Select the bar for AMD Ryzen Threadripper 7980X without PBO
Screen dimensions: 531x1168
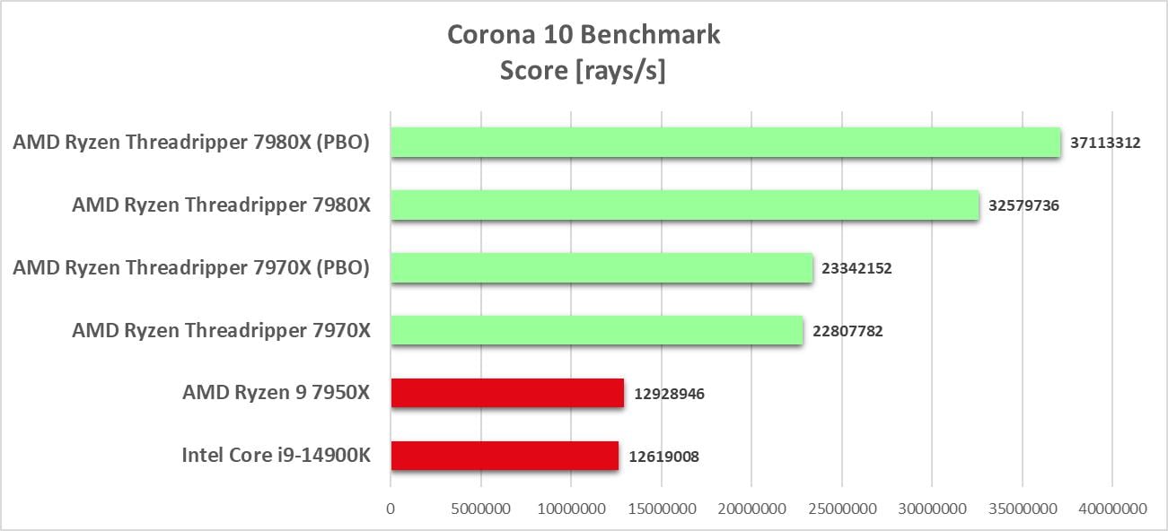[x=684, y=205]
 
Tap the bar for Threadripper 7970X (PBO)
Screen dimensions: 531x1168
[x=602, y=267]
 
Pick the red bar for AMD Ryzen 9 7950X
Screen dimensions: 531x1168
[x=507, y=393]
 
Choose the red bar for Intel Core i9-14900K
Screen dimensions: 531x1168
[x=505, y=456]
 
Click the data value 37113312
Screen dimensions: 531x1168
[x=1105, y=143]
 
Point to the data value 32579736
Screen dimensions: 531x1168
[x=1023, y=205]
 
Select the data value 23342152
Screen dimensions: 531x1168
[x=856, y=268]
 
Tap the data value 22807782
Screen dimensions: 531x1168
[x=847, y=331]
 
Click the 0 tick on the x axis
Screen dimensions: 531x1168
[x=391, y=509]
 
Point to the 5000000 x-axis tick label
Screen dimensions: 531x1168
[x=480, y=509]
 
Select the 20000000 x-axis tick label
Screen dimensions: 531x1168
[x=751, y=509]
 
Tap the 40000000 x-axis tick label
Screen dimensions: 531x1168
[x=1111, y=509]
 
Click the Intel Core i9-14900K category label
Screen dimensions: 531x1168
[x=276, y=456]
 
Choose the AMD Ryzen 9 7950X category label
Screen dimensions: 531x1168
[x=276, y=393]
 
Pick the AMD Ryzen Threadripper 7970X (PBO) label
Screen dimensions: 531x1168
[x=191, y=267]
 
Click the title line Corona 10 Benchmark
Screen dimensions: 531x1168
[x=584, y=35]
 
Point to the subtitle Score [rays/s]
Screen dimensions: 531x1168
[x=584, y=71]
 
